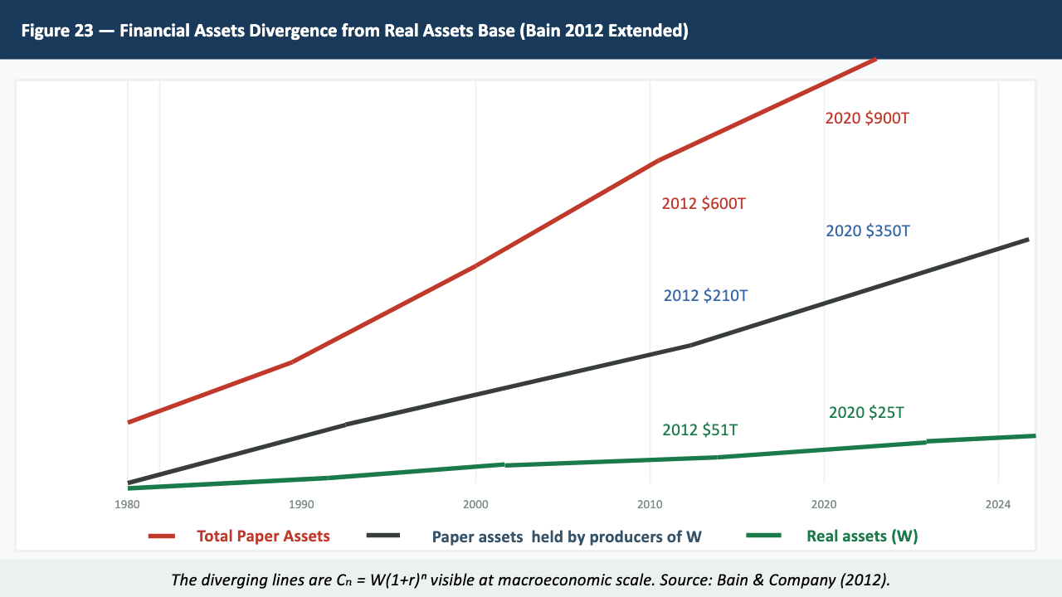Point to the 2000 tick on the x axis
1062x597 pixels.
coord(475,504)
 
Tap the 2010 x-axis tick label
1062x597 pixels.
coord(650,504)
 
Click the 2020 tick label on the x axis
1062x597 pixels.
coord(824,504)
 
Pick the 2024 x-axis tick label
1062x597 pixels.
coord(998,504)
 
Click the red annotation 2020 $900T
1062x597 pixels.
coord(867,119)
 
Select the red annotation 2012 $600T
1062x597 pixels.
coord(704,203)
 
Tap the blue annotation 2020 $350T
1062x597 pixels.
coord(867,231)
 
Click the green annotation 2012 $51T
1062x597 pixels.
coord(699,430)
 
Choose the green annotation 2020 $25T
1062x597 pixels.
coord(866,412)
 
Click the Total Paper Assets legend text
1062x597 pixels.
coord(263,536)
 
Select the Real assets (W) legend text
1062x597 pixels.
coord(862,536)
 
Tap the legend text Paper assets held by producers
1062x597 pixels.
coord(567,536)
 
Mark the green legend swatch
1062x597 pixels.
coord(764,536)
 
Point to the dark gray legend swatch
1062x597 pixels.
coord(382,536)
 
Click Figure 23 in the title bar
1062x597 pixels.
coord(56,32)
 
